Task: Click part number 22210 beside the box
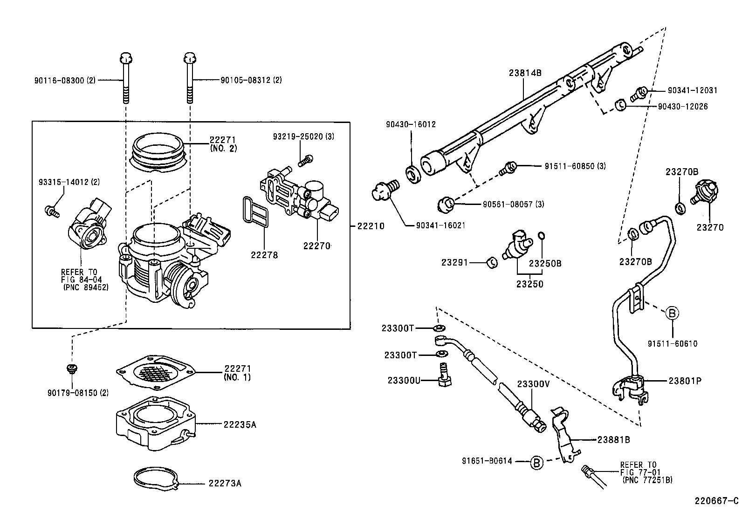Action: coord(371,226)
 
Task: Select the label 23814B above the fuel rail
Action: coord(525,73)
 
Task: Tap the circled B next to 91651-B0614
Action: coord(536,463)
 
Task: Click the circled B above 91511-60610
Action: coord(672,314)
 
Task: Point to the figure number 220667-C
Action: coord(717,501)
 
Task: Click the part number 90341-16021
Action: coord(440,225)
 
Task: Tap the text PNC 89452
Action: coord(86,288)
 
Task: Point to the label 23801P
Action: coord(685,381)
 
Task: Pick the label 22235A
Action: coord(240,424)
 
